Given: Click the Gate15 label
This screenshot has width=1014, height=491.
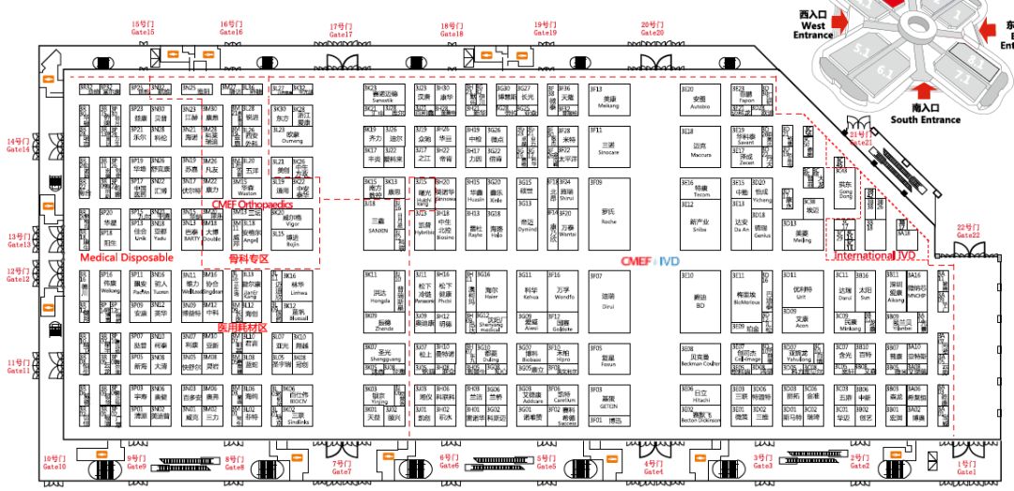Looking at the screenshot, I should pyautogui.click(x=143, y=28).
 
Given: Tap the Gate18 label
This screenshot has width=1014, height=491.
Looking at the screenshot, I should pyautogui.click(x=452, y=29).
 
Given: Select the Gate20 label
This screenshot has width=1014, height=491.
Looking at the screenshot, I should pyautogui.click(x=653, y=28).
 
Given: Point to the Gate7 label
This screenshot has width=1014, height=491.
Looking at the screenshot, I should pyautogui.click(x=343, y=467).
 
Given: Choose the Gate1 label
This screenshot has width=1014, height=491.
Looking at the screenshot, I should pyautogui.click(x=966, y=467).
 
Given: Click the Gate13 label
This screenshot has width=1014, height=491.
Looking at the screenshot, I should pyautogui.click(x=19, y=240).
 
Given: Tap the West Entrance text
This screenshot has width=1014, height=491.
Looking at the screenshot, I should pyautogui.click(x=813, y=25).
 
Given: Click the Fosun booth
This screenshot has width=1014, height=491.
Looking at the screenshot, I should pyautogui.click(x=608, y=362).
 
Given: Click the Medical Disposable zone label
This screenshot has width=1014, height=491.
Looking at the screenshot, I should pyautogui.click(x=127, y=256).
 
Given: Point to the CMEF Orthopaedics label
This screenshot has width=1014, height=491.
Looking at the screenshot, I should pyautogui.click(x=252, y=203).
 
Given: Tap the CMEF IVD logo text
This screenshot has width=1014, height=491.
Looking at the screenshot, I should pyautogui.click(x=648, y=262).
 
